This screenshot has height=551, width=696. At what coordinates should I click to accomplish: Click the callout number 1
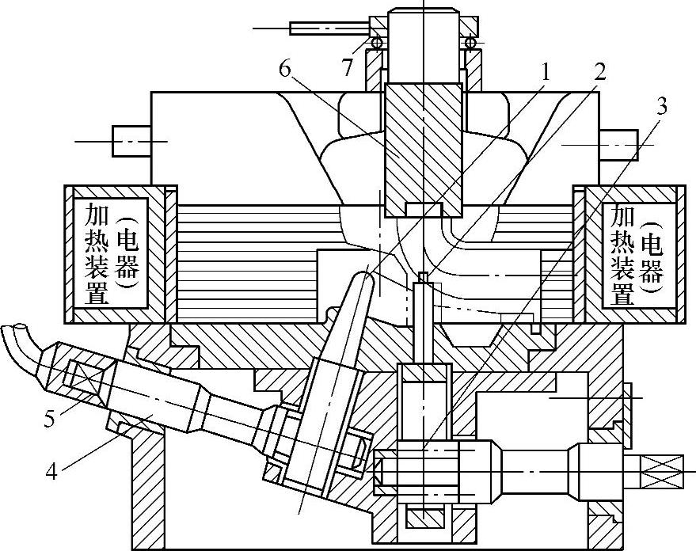tap(545, 71)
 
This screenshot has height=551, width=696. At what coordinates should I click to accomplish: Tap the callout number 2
tap(599, 71)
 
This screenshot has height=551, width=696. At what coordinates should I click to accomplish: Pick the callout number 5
tap(49, 418)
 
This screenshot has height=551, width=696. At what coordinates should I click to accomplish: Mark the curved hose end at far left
tap(21, 337)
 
